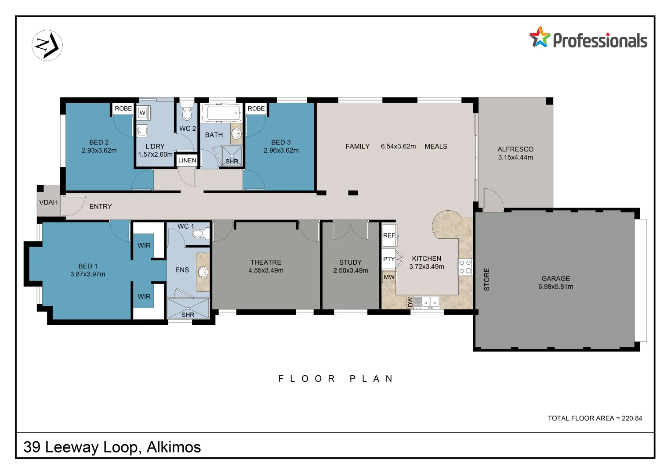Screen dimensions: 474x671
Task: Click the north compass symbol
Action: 47,45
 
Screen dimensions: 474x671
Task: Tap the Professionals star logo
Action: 539,37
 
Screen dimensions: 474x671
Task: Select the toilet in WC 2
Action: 187,113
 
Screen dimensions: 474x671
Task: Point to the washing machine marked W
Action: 143,113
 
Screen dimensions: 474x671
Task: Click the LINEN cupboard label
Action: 187,160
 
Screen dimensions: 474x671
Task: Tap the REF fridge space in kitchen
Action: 389,235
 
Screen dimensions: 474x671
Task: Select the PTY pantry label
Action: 389,259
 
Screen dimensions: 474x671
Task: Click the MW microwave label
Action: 389,277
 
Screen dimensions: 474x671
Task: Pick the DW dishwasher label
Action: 410,302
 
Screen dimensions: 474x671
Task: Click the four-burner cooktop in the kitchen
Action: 465,266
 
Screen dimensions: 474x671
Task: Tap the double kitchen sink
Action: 430,302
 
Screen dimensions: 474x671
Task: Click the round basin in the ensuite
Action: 203,272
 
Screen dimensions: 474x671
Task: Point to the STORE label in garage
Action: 486,279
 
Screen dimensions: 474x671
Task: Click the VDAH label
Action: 48,202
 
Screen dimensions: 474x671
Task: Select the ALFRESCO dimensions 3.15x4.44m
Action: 515,158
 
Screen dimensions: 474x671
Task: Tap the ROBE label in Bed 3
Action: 256,108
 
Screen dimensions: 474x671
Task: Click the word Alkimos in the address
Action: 174,447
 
